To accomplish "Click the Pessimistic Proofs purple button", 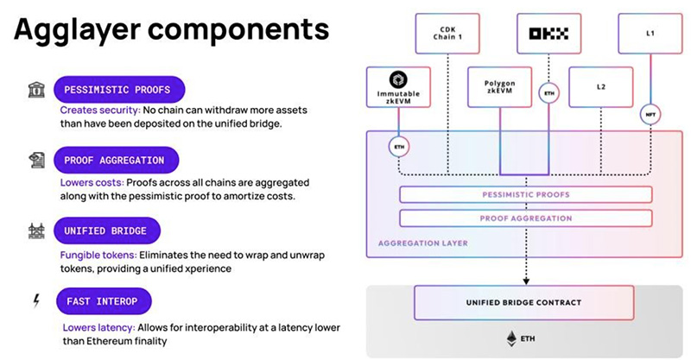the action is click(119, 90).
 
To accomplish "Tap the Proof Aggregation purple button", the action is click(117, 160).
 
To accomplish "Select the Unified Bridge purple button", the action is click(107, 231).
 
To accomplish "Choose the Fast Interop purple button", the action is click(104, 301).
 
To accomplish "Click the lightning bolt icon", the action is click(36, 300).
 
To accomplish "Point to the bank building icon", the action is click(36, 90).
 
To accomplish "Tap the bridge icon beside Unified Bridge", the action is click(36, 231).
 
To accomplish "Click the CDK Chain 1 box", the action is click(447, 34).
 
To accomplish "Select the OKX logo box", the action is click(548, 34).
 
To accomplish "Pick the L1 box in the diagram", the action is click(650, 34).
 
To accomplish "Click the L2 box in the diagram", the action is click(601, 87).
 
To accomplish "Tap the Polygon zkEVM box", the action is click(500, 87).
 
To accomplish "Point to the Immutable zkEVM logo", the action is click(398, 79).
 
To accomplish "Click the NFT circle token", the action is click(650, 115).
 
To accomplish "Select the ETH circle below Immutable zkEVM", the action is click(399, 147).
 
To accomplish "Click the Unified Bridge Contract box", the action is click(524, 303).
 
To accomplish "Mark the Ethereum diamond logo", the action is click(511, 338).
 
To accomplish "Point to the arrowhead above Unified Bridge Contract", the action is click(526, 281).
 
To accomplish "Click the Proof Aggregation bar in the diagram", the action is click(526, 218).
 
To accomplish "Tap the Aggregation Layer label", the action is click(423, 243).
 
